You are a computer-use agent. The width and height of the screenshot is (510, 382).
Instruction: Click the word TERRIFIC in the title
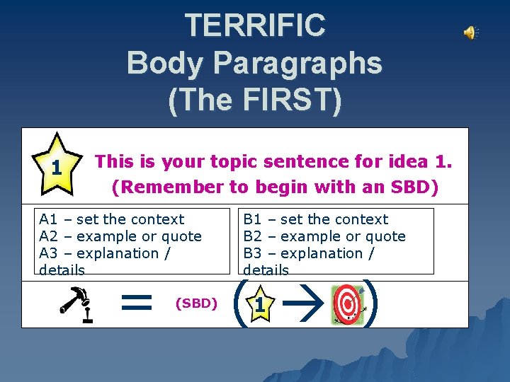(255, 25)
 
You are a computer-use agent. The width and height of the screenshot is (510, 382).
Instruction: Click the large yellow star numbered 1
(56, 166)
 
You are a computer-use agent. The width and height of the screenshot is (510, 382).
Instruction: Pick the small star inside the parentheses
(260, 305)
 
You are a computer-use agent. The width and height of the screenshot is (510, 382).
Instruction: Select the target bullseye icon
(346, 305)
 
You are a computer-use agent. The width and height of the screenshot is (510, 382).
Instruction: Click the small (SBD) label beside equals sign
(195, 303)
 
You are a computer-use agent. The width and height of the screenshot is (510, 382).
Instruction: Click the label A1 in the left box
(48, 219)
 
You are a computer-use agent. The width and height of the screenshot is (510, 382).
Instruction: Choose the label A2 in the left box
(48, 236)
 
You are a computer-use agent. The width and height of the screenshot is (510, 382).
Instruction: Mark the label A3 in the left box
(48, 253)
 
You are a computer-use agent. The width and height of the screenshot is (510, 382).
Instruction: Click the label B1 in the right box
(252, 219)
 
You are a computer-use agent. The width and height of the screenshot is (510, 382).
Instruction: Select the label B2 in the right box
(252, 236)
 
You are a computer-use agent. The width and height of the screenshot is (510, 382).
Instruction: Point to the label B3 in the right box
(252, 253)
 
